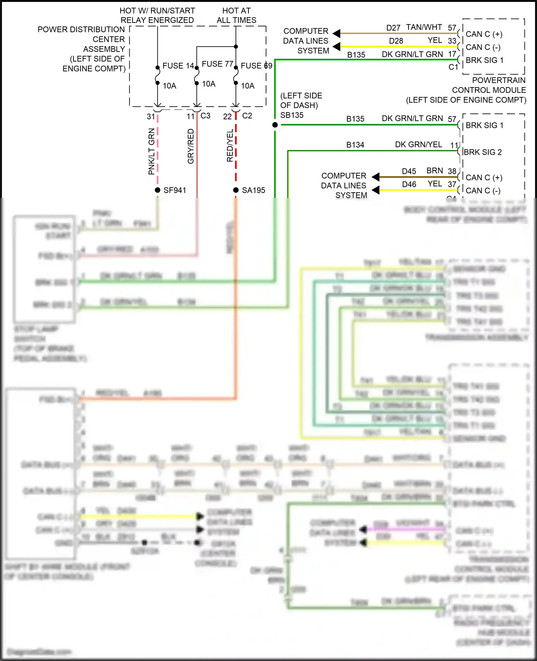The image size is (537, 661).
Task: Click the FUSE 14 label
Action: point(178,66)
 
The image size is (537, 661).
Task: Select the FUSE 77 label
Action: point(217,64)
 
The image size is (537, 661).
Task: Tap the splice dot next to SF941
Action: point(158,190)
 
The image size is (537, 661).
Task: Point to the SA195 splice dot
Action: point(236,190)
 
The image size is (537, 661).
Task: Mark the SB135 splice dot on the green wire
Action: point(275,125)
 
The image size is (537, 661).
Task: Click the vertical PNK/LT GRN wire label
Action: point(151,151)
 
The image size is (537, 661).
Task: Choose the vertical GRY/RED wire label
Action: point(191,146)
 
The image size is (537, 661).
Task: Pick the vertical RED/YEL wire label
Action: point(230,146)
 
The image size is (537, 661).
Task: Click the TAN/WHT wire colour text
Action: point(424,28)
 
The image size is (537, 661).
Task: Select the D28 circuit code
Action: point(396,41)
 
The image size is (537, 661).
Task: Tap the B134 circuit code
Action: point(355,145)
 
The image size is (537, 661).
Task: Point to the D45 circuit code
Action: point(409,172)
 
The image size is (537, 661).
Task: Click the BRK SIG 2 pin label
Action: point(483,153)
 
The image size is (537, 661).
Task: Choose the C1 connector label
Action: point(453,67)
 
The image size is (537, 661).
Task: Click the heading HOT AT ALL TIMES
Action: point(236,15)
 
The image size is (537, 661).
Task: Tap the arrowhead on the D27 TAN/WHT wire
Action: point(337,34)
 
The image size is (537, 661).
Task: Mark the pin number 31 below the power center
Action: point(151,117)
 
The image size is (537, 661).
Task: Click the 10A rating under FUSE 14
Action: point(169,86)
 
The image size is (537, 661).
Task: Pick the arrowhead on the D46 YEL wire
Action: point(376,190)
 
